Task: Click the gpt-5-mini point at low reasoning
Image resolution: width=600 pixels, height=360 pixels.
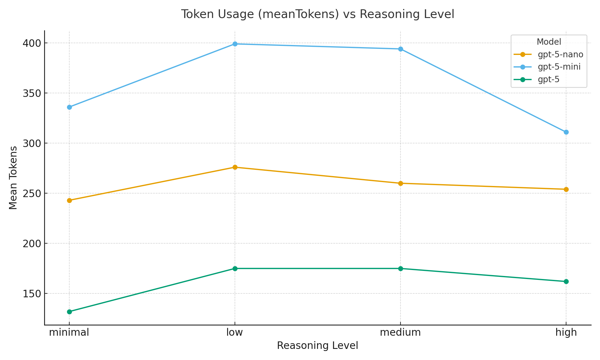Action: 235,44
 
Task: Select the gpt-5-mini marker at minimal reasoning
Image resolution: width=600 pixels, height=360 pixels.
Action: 69,107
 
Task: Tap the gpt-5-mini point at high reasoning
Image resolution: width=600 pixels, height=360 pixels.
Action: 566,132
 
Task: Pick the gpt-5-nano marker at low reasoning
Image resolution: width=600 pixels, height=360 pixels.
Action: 235,167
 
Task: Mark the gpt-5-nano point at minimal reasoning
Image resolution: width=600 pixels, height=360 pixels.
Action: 69,200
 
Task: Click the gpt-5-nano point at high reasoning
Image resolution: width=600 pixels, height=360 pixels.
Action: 566,189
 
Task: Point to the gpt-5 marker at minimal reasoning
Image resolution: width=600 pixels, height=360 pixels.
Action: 69,312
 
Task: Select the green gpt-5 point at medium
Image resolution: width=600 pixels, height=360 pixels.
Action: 400,268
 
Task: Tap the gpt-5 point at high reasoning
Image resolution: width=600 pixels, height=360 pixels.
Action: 566,281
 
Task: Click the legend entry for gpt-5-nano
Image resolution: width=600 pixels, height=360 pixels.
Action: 560,55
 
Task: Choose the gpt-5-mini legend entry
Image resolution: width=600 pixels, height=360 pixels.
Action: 559,67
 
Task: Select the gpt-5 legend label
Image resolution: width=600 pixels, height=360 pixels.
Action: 548,79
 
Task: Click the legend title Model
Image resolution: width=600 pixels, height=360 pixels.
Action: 549,42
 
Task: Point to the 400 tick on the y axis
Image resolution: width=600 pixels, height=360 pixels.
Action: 31,43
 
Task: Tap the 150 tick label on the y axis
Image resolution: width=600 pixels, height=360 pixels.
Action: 31,294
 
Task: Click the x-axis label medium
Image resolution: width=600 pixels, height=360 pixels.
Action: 400,333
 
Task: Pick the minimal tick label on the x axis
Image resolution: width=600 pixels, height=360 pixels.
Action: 69,333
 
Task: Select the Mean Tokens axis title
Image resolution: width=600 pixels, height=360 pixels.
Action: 13,178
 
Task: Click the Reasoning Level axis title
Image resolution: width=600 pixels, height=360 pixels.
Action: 317,346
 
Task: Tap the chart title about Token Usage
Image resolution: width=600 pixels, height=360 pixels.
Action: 317,14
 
